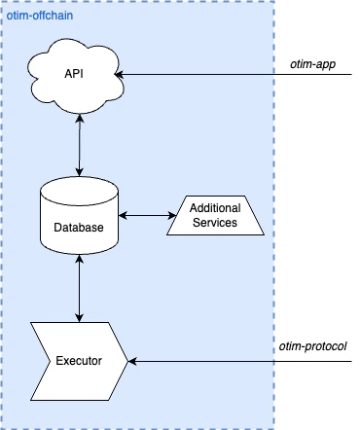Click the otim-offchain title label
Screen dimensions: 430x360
click(x=39, y=18)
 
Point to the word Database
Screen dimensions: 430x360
click(x=79, y=227)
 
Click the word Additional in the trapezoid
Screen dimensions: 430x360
click(x=215, y=209)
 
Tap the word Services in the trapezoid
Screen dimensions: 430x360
click(x=215, y=223)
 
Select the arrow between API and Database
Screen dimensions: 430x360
click(x=79, y=147)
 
